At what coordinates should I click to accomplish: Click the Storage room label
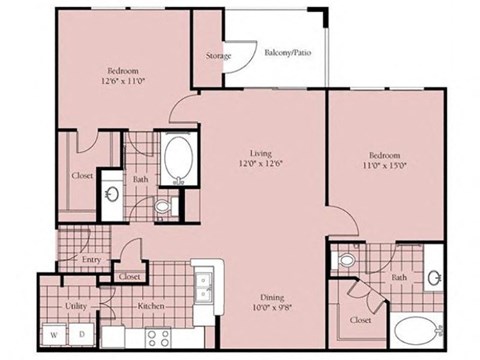[218, 56]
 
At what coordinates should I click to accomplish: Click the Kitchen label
[150, 306]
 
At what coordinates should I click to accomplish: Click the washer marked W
[54, 333]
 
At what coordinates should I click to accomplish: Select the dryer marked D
[81, 333]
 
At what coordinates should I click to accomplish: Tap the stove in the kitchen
[159, 334]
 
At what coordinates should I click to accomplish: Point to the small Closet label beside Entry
[130, 276]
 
